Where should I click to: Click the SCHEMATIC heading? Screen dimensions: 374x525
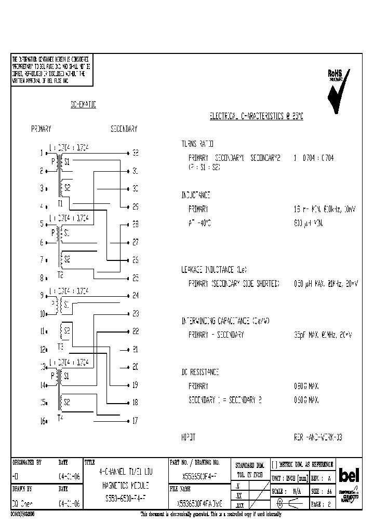[x=83, y=105]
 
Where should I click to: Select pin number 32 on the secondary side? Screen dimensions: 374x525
[x=135, y=153]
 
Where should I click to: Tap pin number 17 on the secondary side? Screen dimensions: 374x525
[x=135, y=421]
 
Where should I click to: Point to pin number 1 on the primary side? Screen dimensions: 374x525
[x=42, y=153]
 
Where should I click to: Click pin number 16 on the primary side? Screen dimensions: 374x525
[x=43, y=421]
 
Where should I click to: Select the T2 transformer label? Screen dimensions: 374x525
[x=61, y=274]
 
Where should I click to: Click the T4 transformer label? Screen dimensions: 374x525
[x=61, y=418]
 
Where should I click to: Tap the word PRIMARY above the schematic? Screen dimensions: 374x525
[x=42, y=128]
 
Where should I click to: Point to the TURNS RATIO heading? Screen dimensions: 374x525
[x=197, y=144]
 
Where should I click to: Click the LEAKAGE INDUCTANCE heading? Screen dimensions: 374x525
[x=213, y=270]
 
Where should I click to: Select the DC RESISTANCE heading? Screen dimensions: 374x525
[x=200, y=372]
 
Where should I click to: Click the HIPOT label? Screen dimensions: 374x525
[x=188, y=437]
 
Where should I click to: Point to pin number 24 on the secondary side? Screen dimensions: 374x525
[x=135, y=296]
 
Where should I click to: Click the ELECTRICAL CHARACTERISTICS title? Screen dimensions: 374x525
[x=256, y=117]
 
